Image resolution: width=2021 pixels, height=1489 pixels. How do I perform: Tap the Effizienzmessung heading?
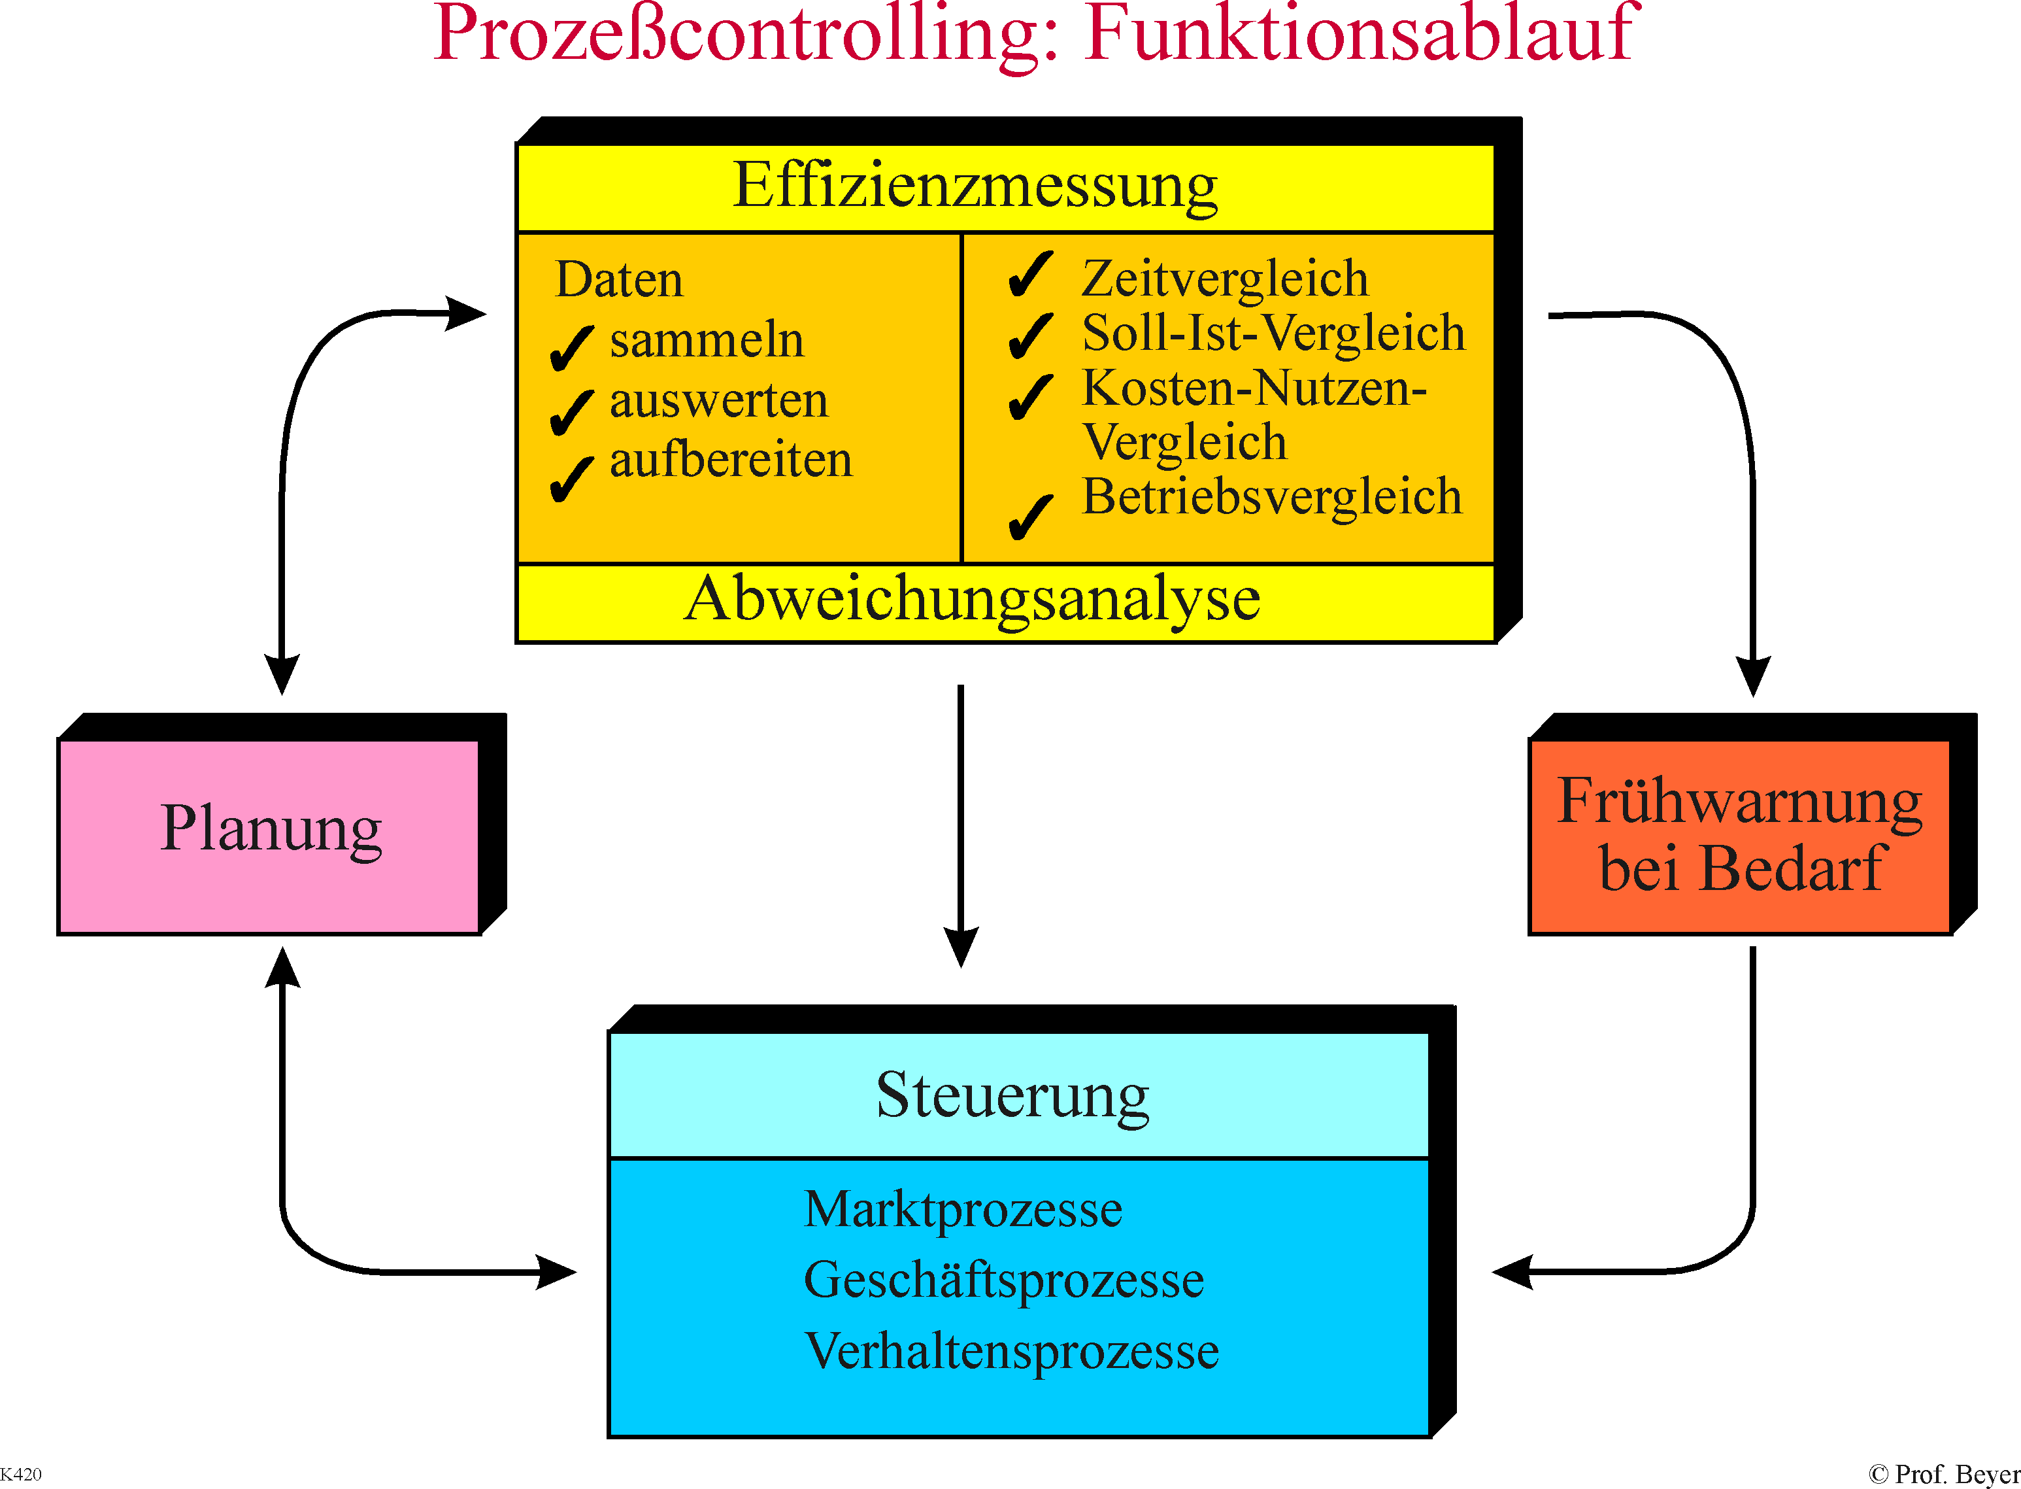(975, 186)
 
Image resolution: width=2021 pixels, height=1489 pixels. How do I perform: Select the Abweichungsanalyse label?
(972, 600)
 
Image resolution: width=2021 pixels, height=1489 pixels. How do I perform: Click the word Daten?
(619, 279)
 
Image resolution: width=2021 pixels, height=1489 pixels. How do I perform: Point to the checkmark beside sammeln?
(571, 348)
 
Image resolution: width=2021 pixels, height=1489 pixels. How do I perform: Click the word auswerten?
(719, 400)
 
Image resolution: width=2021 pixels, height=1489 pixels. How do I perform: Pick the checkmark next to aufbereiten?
(571, 479)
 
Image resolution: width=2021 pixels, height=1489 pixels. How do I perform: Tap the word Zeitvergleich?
(1224, 279)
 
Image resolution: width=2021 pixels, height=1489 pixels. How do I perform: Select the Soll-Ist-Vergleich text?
(1273, 334)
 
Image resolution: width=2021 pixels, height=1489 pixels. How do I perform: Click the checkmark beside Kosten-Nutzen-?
(1031, 396)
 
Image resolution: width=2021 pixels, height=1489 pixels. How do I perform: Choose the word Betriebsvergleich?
(1271, 496)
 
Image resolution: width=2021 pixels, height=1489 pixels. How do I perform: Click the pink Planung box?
(269, 836)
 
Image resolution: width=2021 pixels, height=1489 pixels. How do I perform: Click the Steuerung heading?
(1012, 1096)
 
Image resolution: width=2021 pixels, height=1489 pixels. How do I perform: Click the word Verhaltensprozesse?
(1012, 1351)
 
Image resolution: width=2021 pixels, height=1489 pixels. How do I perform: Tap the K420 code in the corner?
(21, 1474)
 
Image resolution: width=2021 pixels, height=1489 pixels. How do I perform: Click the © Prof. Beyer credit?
(1945, 1475)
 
